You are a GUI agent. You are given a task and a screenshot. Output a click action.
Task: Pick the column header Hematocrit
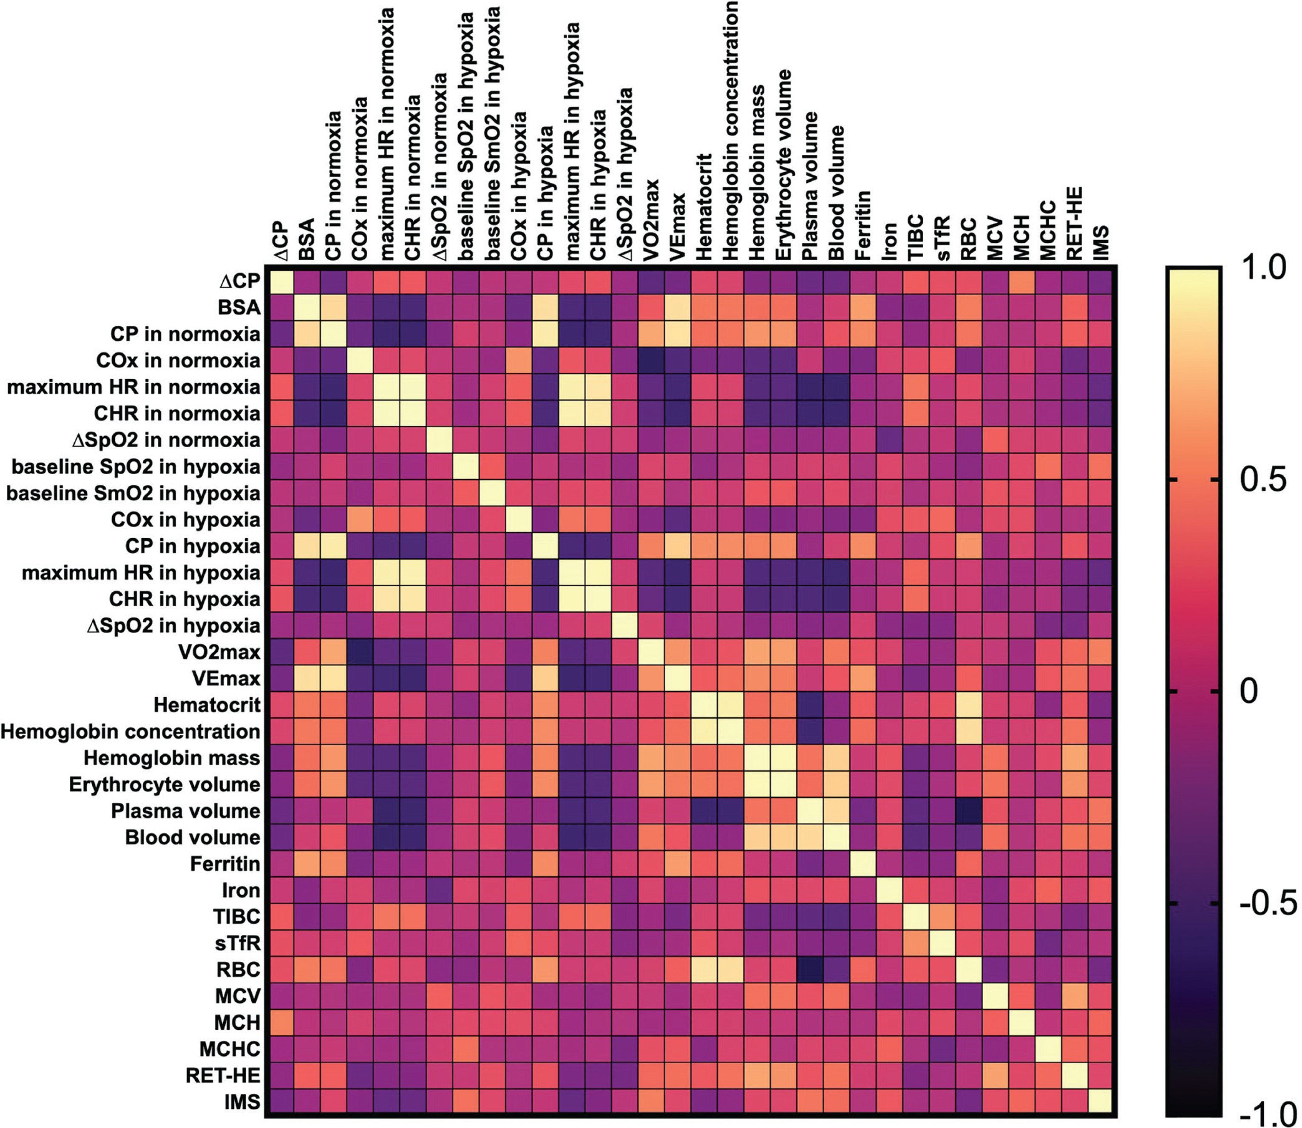[x=703, y=208]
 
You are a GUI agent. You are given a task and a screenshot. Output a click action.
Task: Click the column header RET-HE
[x=1074, y=224]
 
